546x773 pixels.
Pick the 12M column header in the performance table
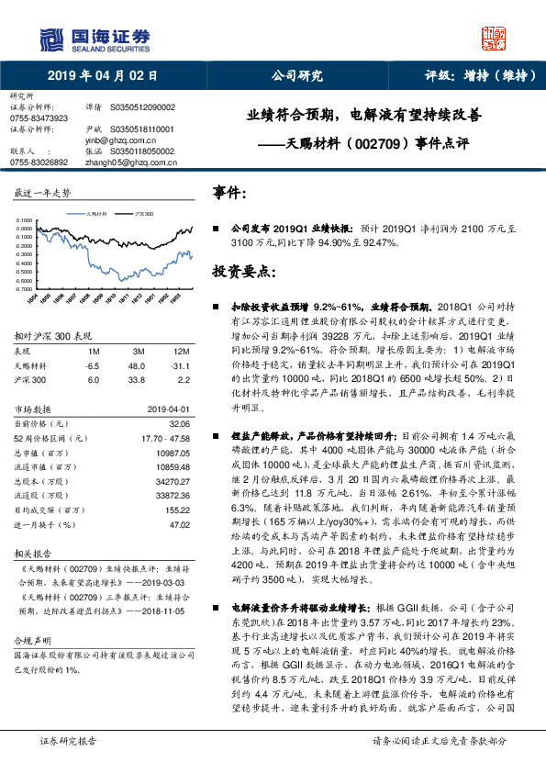182,353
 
